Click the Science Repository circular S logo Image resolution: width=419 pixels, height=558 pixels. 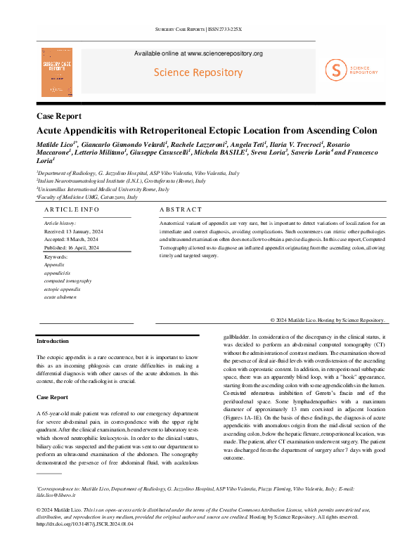(x=337, y=70)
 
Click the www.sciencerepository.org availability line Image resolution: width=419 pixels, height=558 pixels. (x=198, y=53)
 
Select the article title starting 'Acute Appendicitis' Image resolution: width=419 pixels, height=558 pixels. (x=206, y=130)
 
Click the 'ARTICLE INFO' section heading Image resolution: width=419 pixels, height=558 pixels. (x=72, y=209)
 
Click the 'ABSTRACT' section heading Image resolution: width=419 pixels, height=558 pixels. (x=181, y=209)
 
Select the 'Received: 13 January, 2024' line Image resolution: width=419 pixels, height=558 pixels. (x=71, y=231)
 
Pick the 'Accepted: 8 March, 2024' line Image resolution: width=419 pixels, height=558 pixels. (x=69, y=239)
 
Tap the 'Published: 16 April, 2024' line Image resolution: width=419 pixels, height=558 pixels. (x=70, y=247)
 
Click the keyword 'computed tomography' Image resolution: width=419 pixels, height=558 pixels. (x=67, y=280)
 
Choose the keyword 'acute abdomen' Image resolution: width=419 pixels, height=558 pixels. (x=60, y=297)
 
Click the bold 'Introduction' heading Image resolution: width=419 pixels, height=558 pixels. (x=52, y=341)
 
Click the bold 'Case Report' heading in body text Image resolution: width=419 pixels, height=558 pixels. (x=52, y=397)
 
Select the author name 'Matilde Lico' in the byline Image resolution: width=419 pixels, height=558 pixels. (x=55, y=144)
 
